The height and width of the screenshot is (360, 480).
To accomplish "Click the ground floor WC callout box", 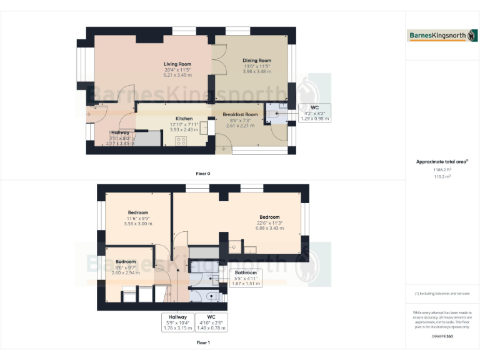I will pyautogui.click(x=314, y=112).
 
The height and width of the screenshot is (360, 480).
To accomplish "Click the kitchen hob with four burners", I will pyautogui.click(x=182, y=141).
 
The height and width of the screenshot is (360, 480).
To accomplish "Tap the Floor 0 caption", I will pyautogui.click(x=203, y=173).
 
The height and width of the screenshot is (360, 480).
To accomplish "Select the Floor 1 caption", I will pyautogui.click(x=203, y=342).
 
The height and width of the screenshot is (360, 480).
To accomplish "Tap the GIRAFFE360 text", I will pyautogui.click(x=442, y=336).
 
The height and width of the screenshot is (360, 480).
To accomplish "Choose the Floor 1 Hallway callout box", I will pyautogui.click(x=177, y=322).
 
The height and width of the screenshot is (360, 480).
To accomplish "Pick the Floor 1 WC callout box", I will pyautogui.click(x=212, y=322).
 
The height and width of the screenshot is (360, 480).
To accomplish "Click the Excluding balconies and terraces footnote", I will pyautogui.click(x=442, y=293).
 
